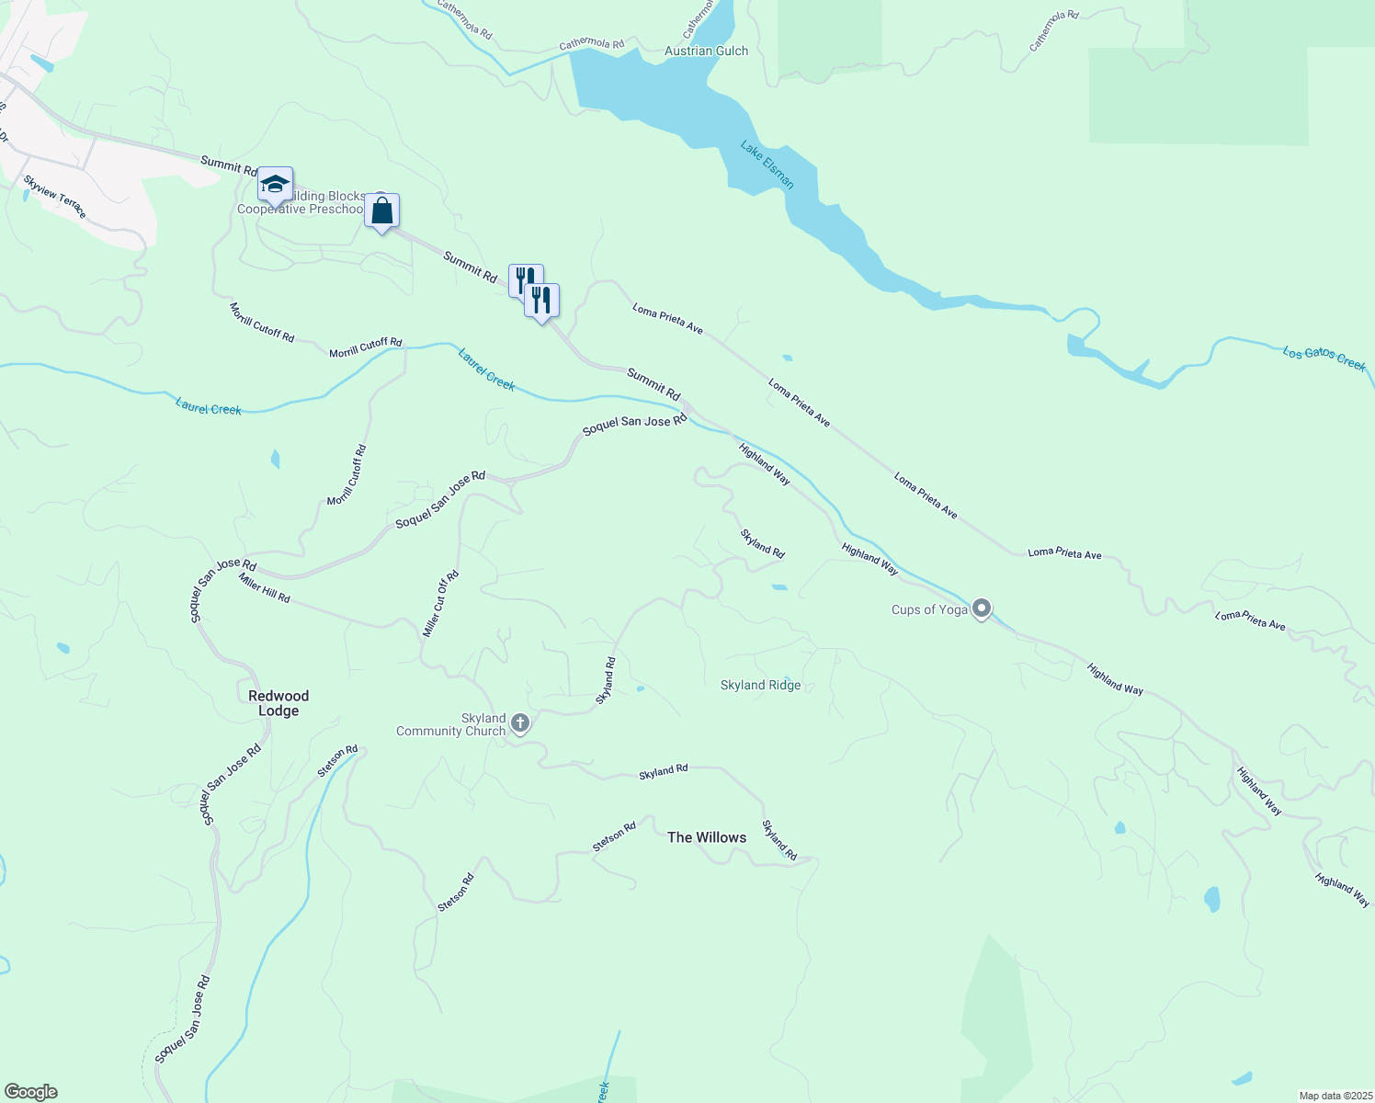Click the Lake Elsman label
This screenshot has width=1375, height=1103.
click(767, 165)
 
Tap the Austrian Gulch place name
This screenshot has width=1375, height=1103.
click(706, 51)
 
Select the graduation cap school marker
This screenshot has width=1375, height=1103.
click(275, 185)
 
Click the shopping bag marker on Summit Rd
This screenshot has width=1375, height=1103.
click(381, 211)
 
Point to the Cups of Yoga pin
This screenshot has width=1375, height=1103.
click(982, 608)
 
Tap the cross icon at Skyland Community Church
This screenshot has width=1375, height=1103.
click(519, 723)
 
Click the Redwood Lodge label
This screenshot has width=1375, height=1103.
click(278, 703)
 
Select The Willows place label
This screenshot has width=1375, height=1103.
click(706, 837)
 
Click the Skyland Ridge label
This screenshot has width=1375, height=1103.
click(760, 685)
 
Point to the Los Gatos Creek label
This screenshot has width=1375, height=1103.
click(1324, 358)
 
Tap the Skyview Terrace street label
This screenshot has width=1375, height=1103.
click(55, 197)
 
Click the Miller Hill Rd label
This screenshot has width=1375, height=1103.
click(264, 587)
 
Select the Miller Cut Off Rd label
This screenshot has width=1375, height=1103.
click(440, 604)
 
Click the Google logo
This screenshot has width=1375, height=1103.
click(30, 1092)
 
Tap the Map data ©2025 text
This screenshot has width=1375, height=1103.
click(1335, 1096)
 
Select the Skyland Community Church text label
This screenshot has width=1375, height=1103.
click(450, 724)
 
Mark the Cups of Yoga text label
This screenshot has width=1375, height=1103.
click(929, 609)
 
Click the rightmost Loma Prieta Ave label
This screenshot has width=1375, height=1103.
click(1250, 620)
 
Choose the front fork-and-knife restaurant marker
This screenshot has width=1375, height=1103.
click(541, 301)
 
